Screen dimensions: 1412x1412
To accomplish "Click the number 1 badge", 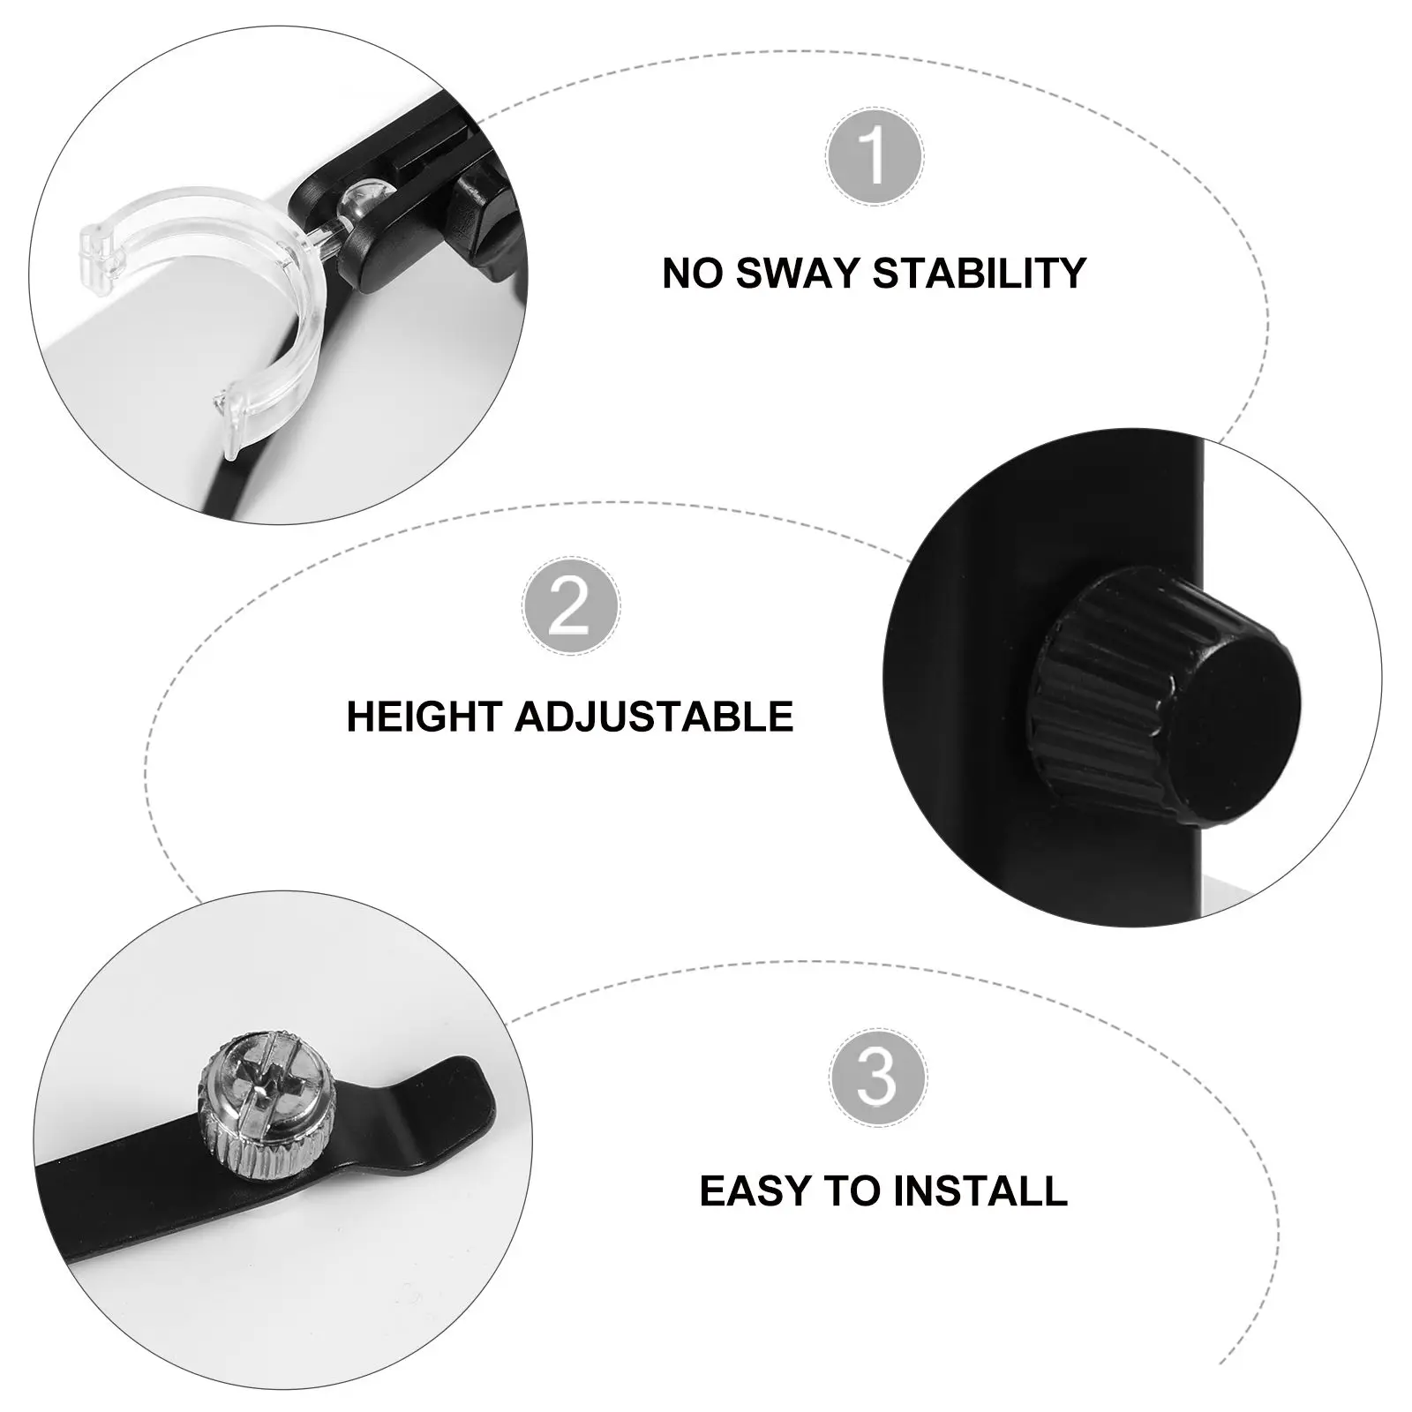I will [875, 156].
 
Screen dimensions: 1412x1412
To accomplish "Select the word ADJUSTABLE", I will [654, 717].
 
